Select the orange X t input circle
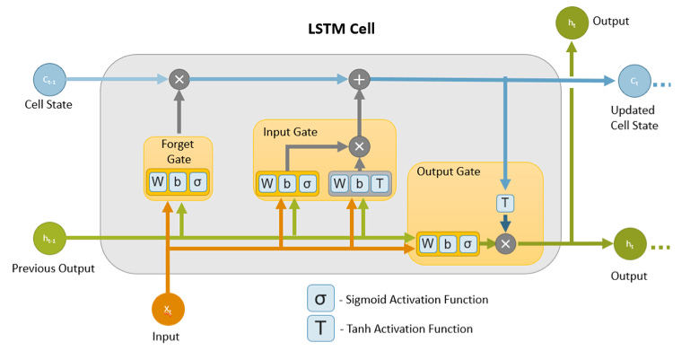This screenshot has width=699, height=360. pos(167,309)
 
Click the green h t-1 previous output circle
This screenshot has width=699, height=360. pos(46,238)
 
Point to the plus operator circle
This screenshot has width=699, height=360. pos(360,79)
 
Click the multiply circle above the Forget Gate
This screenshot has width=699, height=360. pos(179,79)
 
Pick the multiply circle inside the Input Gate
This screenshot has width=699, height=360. pos(360,145)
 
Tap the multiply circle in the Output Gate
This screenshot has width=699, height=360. pos(504,243)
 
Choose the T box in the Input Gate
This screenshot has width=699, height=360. pos(380,184)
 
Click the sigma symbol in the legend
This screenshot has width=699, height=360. pos(319,298)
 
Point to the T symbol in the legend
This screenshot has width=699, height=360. pos(319,329)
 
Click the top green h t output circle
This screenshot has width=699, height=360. pos(572,22)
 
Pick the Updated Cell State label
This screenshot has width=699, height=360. pos(633,118)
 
